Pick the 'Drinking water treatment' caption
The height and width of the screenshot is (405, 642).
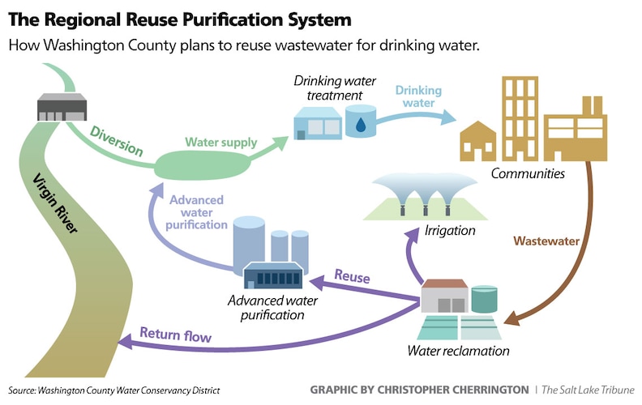click(x=328, y=89)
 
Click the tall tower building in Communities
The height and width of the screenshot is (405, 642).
click(x=520, y=118)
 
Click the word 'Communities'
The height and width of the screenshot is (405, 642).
click(x=528, y=173)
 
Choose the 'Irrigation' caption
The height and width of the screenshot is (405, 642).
click(x=450, y=231)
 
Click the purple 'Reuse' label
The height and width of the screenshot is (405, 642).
click(x=353, y=278)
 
